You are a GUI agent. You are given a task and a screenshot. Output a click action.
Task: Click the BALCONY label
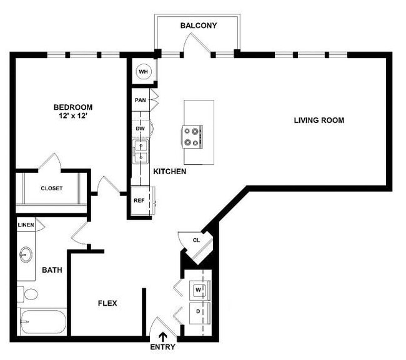pyautogui.click(x=198, y=26)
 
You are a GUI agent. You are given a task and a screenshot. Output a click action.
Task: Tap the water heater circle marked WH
pyautogui.click(x=143, y=72)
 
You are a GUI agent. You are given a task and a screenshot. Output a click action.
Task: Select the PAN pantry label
pyautogui.click(x=140, y=99)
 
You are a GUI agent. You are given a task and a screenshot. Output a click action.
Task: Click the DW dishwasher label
pyautogui.click(x=141, y=129)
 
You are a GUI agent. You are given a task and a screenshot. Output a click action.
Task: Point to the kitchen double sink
pyautogui.click(x=141, y=151)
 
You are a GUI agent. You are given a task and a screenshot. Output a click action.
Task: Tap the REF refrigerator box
pyautogui.click(x=139, y=201)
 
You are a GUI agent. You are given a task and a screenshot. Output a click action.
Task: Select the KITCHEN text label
pyautogui.click(x=170, y=171)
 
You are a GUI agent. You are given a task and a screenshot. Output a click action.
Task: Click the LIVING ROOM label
pyautogui.click(x=319, y=120)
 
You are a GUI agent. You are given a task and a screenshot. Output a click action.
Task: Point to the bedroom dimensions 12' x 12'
pyautogui.click(x=72, y=116)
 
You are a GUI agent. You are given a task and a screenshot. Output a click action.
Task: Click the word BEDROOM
pyautogui.click(x=72, y=107)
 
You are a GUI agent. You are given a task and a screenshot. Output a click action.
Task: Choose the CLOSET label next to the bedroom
pyautogui.click(x=51, y=188)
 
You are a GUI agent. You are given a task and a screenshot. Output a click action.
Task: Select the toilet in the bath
pyautogui.click(x=27, y=294)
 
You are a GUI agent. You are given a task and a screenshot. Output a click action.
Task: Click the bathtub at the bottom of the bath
pyautogui.click(x=42, y=323)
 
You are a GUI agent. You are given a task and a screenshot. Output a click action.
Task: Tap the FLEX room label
pyautogui.click(x=107, y=304)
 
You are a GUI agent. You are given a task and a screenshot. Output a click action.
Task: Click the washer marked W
pyautogui.click(x=199, y=290)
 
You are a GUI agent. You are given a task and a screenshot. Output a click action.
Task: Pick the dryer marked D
pyautogui.click(x=199, y=311)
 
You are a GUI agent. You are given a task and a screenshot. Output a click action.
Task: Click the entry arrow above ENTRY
pyautogui.click(x=163, y=336)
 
